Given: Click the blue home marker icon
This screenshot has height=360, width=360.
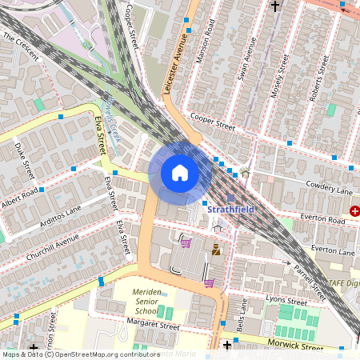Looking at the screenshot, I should tap(179, 173).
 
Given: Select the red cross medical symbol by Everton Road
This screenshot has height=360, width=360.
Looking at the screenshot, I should tap(354, 211).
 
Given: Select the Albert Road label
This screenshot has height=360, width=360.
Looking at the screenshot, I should tap(20, 198).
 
